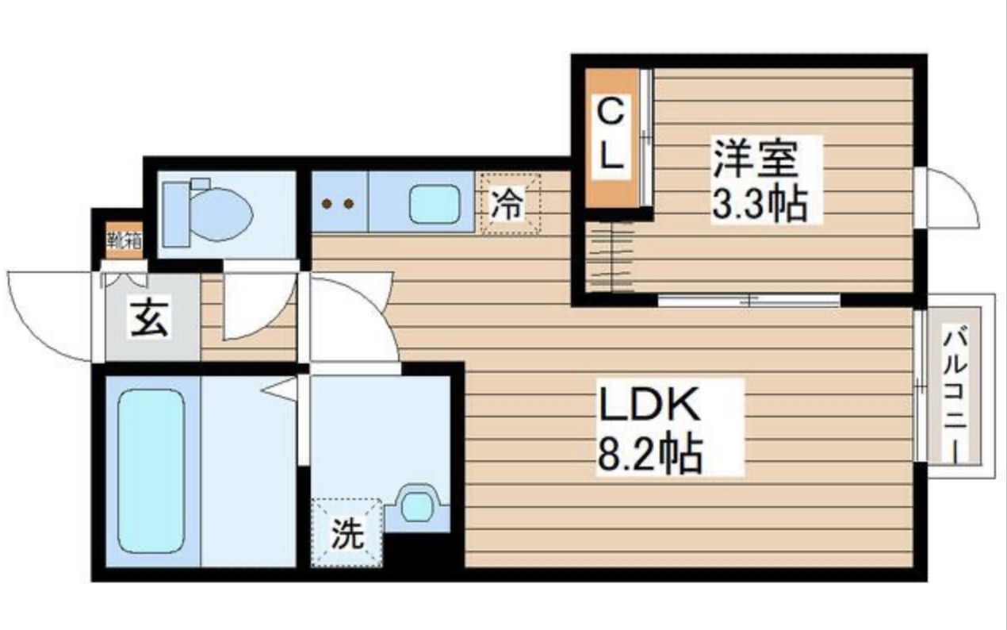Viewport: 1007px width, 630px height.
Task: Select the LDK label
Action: (649, 405)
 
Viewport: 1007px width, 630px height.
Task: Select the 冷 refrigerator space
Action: (508, 205)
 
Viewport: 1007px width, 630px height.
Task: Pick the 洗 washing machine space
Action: (347, 533)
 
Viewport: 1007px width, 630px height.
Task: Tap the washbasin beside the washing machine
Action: (415, 506)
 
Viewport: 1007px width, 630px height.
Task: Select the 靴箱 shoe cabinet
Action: (124, 240)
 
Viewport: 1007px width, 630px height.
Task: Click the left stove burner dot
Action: (326, 204)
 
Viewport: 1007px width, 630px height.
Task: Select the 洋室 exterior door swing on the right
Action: (951, 198)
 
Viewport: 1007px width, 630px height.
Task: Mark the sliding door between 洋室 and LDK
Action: (749, 301)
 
